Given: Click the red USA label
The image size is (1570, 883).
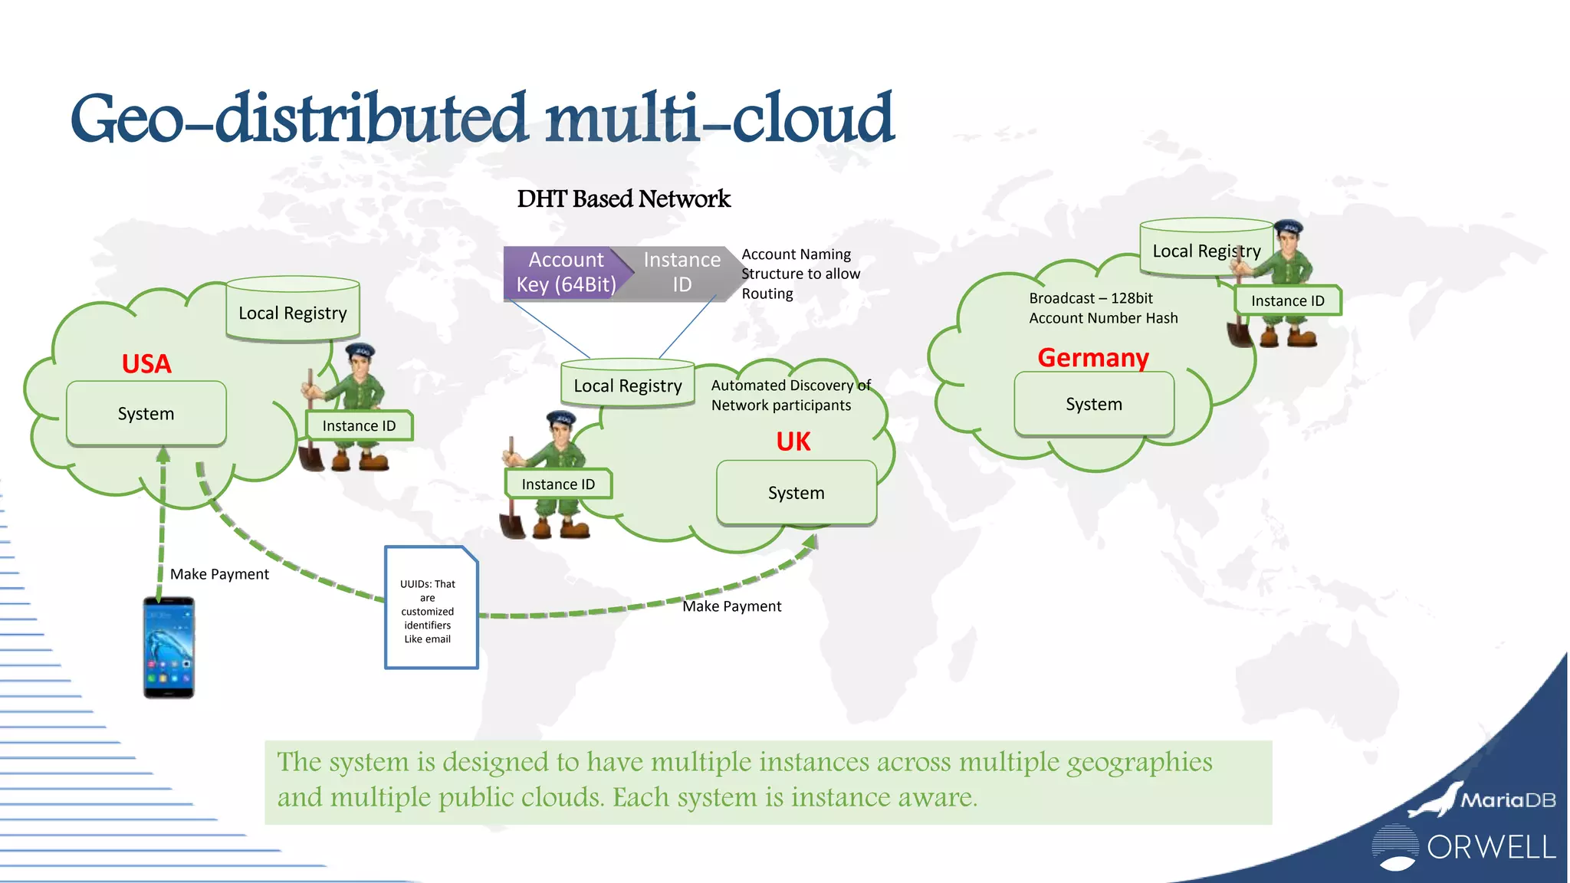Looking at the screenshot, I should click(146, 363).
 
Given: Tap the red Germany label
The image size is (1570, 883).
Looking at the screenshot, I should click(1093, 357).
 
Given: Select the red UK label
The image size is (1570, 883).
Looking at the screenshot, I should click(793, 441).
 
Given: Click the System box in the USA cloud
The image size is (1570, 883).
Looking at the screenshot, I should click(146, 414).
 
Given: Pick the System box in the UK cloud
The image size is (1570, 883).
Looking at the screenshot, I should click(796, 493).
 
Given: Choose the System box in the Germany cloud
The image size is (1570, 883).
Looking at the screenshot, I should click(1094, 404).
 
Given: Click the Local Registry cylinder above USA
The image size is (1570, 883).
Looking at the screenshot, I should click(293, 310).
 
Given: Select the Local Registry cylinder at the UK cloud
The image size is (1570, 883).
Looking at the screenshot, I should click(628, 383).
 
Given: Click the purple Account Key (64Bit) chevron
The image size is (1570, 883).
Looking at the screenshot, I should click(565, 272).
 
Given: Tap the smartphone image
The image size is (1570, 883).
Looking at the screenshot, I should click(169, 648).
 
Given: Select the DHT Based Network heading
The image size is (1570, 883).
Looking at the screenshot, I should click(623, 199).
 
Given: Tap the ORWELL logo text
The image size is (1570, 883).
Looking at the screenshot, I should click(1490, 848).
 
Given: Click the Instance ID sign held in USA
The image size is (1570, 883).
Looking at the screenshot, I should click(359, 426).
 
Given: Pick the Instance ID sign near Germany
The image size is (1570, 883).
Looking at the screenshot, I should click(1288, 300).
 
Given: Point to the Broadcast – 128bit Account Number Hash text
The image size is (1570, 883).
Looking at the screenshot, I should click(1103, 308).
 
